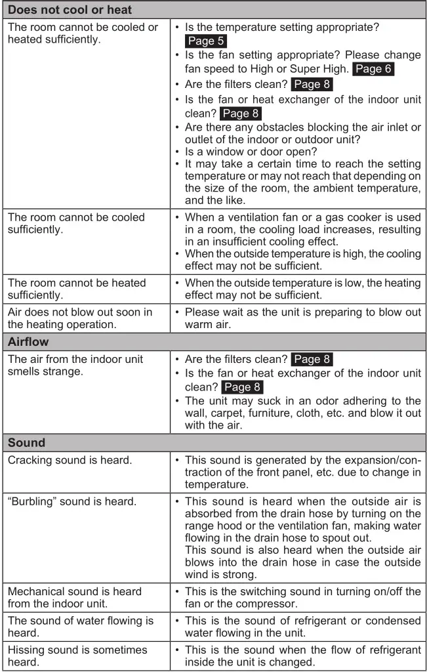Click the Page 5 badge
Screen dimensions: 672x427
coord(205,41)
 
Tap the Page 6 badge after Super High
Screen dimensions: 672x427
coord(374,69)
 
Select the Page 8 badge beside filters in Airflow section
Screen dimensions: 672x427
coord(312,359)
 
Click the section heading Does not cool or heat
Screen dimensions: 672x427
coord(70,10)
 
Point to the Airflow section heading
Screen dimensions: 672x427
coord(28,342)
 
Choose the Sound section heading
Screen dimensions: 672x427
coord(26,442)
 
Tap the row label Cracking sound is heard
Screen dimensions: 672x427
coord(70,460)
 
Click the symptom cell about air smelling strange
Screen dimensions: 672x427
coord(75,366)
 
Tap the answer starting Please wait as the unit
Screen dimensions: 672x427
coord(302,318)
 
